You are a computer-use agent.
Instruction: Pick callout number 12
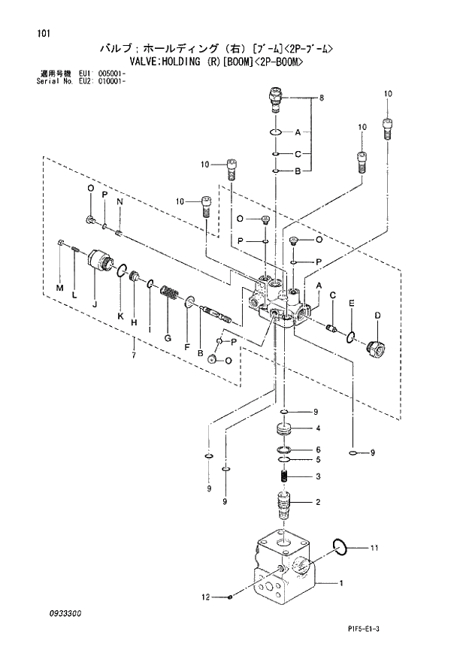[x=204, y=597]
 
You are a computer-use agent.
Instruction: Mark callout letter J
[x=95, y=304]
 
